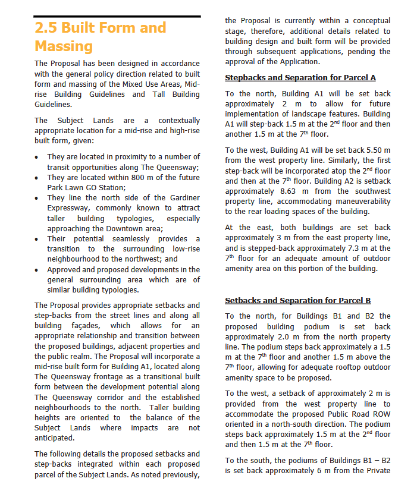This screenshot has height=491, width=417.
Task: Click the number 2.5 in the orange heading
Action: coord(46,28)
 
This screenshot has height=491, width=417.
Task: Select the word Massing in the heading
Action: coord(64,46)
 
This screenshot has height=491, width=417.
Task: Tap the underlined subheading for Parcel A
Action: coord(300,78)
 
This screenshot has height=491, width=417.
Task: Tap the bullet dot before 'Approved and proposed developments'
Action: coord(38,270)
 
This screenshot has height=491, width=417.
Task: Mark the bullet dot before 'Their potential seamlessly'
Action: coord(38,239)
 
